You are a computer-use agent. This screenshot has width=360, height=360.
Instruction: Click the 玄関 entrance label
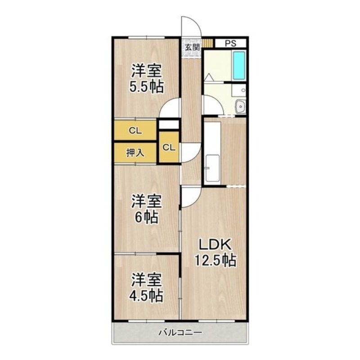[192, 48]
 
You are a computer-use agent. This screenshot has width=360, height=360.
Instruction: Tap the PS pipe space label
[230, 43]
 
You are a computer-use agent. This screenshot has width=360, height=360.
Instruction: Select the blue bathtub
[239, 66]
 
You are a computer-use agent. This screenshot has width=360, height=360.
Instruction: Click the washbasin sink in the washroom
[241, 107]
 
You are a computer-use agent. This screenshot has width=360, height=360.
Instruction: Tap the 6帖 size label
[147, 217]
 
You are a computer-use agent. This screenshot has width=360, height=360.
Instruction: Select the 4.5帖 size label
[147, 296]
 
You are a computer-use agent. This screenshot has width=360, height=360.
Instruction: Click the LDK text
[215, 245]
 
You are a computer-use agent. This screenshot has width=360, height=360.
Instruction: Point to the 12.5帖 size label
[216, 261]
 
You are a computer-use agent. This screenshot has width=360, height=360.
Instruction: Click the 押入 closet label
[135, 153]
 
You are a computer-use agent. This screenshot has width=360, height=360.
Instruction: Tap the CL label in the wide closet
[135, 131]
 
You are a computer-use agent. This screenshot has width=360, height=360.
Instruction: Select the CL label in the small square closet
[169, 148]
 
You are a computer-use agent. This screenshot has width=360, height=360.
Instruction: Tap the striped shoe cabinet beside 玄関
[208, 43]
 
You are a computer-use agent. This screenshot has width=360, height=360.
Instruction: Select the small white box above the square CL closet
[169, 125]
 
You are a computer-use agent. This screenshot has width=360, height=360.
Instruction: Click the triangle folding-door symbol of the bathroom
[209, 77]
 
